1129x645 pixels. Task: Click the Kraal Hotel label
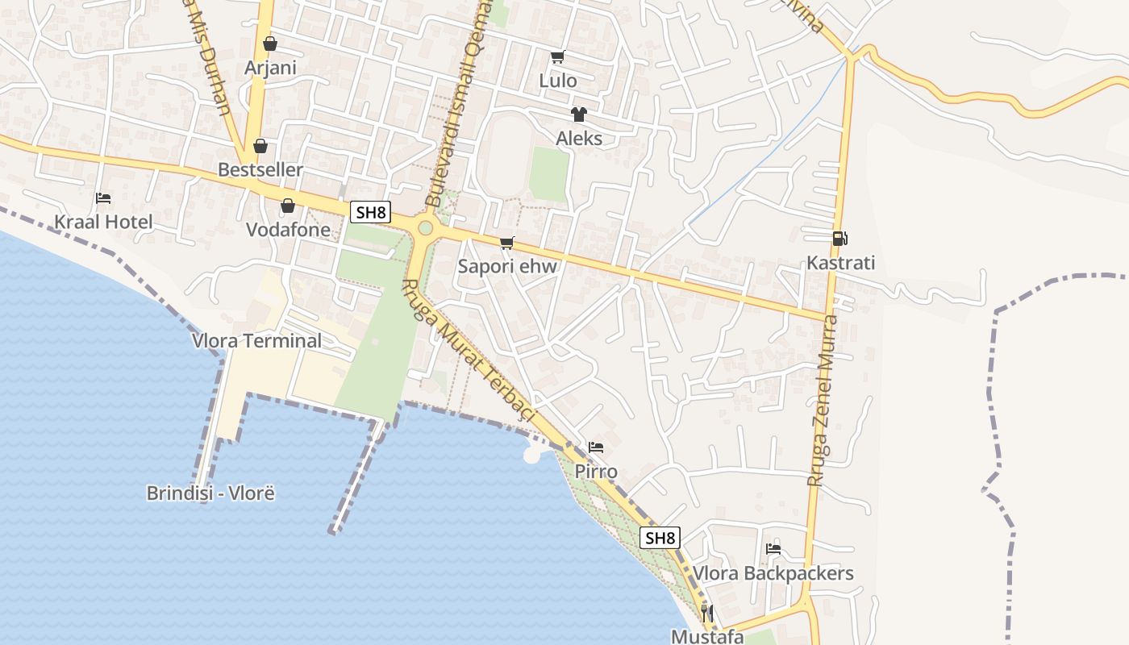(103, 222)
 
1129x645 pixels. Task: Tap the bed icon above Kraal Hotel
(103, 198)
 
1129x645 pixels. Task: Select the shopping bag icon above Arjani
(270, 44)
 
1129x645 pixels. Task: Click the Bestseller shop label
(260, 170)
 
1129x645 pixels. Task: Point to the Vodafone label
(288, 230)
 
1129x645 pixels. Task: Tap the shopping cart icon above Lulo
(557, 57)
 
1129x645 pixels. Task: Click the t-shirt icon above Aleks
(578, 114)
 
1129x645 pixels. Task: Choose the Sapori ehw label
(507, 266)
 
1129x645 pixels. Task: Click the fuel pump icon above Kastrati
(840, 239)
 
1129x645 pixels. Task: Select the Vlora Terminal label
(256, 340)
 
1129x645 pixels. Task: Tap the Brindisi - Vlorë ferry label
(210, 493)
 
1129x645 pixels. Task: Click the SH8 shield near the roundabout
(372, 213)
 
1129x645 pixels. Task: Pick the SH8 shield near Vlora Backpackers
(660, 538)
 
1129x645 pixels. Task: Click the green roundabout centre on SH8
(426, 228)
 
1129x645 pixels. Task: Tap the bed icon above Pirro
(596, 447)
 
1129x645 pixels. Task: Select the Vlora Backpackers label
(773, 573)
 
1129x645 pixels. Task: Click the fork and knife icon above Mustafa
(707, 613)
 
